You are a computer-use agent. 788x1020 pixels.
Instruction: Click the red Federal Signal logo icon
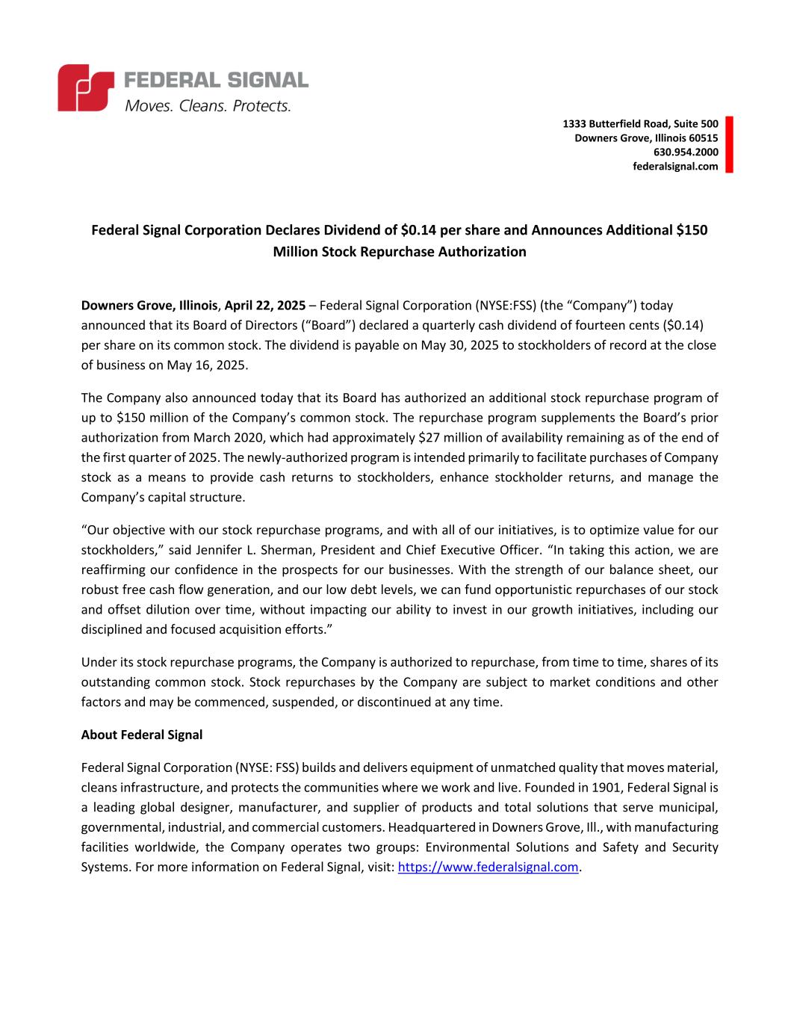click(x=85, y=88)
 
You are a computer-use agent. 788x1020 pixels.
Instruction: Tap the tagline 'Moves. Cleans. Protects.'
click(x=208, y=106)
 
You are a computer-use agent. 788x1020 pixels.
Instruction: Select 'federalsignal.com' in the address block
click(x=675, y=166)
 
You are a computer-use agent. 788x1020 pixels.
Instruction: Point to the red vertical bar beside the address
click(x=729, y=144)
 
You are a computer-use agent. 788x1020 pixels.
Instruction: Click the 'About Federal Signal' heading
click(x=141, y=735)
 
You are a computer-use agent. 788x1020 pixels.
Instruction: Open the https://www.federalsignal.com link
click(x=488, y=867)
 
